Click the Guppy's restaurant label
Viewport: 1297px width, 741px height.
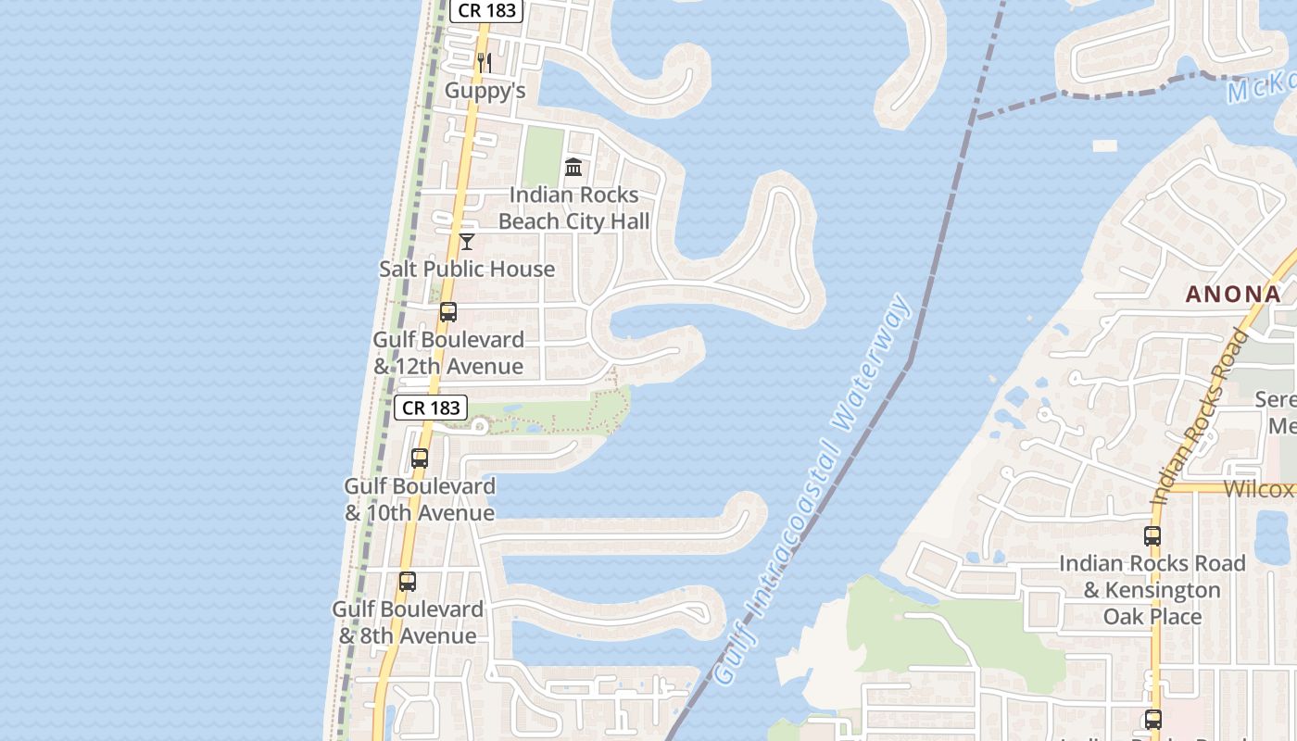[x=485, y=90]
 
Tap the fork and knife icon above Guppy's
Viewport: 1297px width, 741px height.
[x=484, y=63]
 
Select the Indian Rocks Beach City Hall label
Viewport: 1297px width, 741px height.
[x=573, y=207]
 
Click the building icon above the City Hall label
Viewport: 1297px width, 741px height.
[x=573, y=168]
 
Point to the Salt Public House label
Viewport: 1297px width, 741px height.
[x=467, y=269]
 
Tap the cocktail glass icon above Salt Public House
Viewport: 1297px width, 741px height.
[x=467, y=242]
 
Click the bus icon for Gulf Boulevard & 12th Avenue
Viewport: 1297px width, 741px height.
[x=448, y=312]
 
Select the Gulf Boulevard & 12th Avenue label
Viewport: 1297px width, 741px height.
[x=448, y=353]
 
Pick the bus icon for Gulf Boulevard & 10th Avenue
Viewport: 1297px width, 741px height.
[x=420, y=458]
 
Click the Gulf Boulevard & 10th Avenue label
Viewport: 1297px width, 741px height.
[x=420, y=499]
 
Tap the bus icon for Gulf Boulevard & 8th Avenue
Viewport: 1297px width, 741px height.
[x=408, y=582]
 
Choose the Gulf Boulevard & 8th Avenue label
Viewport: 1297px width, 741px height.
[x=408, y=622]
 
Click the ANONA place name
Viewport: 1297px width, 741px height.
[x=1233, y=295]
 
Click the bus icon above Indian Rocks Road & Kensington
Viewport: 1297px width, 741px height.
[x=1152, y=535]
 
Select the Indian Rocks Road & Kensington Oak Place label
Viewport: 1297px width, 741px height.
[x=1152, y=590]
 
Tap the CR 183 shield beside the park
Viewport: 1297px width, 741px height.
[x=431, y=408]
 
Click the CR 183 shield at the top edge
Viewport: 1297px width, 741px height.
[x=487, y=10]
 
